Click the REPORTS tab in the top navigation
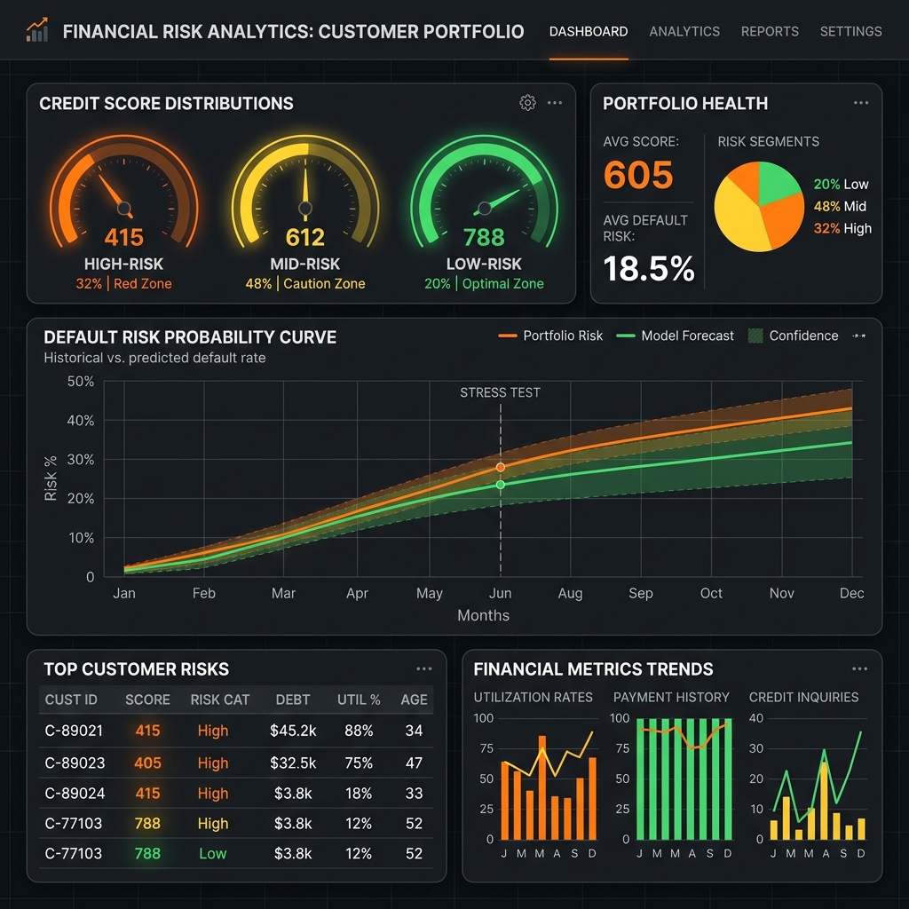pyautogui.click(x=770, y=31)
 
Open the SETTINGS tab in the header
pyautogui.click(x=850, y=31)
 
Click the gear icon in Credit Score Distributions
pyautogui.click(x=527, y=103)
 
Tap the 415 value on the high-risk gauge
pyautogui.click(x=123, y=237)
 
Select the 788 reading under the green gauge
pyautogui.click(x=484, y=237)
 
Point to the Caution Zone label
pyautogui.click(x=324, y=283)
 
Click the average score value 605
pyautogui.click(x=637, y=175)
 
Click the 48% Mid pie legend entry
pyautogui.click(x=840, y=206)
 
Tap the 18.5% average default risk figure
pyautogui.click(x=649, y=268)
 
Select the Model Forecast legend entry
pyautogui.click(x=675, y=336)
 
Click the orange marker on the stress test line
pyautogui.click(x=501, y=467)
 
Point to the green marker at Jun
pyautogui.click(x=501, y=485)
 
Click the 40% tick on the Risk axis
pyautogui.click(x=81, y=420)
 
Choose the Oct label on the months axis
pyautogui.click(x=711, y=593)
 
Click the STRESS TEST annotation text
pyautogui.click(x=500, y=392)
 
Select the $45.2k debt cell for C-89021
pyautogui.click(x=293, y=731)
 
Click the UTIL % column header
pyautogui.click(x=359, y=700)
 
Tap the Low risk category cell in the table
pyautogui.click(x=213, y=853)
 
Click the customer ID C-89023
pyautogui.click(x=75, y=763)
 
